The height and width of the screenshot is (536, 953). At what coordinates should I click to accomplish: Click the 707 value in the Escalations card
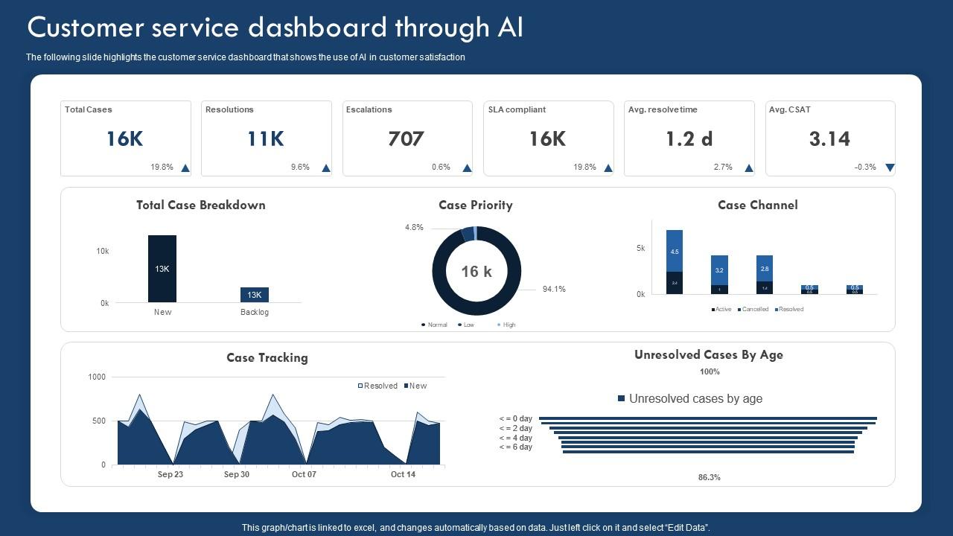click(x=406, y=139)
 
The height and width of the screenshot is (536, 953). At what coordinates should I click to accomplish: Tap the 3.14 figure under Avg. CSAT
click(x=829, y=139)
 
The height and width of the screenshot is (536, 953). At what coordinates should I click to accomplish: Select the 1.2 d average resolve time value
click(x=689, y=139)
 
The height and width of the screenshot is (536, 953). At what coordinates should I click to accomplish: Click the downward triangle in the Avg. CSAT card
click(x=890, y=168)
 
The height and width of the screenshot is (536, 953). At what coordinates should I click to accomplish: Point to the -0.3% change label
click(x=865, y=167)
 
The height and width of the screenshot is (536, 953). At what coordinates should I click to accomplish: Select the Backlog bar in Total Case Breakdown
click(x=254, y=295)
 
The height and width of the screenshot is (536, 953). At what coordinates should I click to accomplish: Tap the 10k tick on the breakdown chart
click(x=103, y=252)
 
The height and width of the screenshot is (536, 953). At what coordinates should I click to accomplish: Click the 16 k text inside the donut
click(x=476, y=272)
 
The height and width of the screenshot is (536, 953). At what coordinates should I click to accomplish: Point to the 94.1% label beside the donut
click(x=554, y=289)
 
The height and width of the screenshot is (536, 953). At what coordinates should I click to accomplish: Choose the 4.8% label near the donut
click(x=414, y=228)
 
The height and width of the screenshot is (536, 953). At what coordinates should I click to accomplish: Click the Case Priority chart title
click(x=476, y=205)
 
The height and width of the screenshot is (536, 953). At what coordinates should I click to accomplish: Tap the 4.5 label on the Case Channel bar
click(x=675, y=252)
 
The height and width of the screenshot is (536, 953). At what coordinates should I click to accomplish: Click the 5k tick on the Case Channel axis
click(x=641, y=249)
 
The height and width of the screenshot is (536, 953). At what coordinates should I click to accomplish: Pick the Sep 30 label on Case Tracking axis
click(x=237, y=474)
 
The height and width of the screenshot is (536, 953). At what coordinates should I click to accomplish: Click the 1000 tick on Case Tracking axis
click(x=98, y=377)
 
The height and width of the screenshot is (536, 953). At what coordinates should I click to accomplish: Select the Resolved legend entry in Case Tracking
click(x=378, y=386)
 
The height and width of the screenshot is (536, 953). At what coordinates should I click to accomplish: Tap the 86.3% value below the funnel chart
click(x=710, y=477)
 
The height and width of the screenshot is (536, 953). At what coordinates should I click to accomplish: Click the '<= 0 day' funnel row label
click(x=516, y=419)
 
